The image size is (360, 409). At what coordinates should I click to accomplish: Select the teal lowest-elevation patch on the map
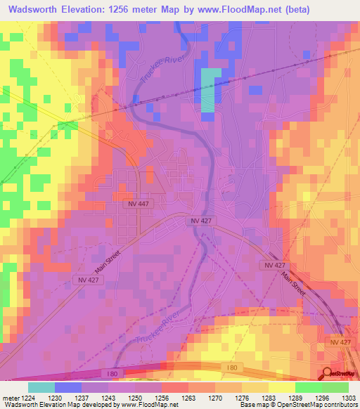click(x=210, y=90)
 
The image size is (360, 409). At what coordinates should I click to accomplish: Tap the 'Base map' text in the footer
click(x=243, y=404)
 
